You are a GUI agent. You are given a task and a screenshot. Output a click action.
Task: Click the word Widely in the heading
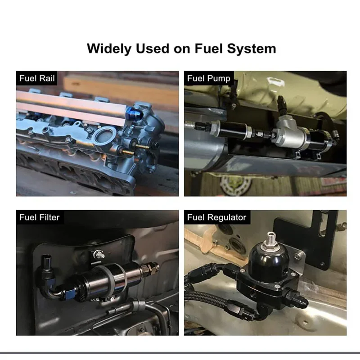pos(109,49)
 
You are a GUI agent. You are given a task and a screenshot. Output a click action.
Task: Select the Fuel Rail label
pos(37,78)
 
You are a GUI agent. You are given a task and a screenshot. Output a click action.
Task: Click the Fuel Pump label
pos(209,78)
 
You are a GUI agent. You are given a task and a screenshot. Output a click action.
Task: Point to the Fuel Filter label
pos(39,217)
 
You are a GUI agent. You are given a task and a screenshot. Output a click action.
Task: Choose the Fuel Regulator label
pos(216,217)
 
